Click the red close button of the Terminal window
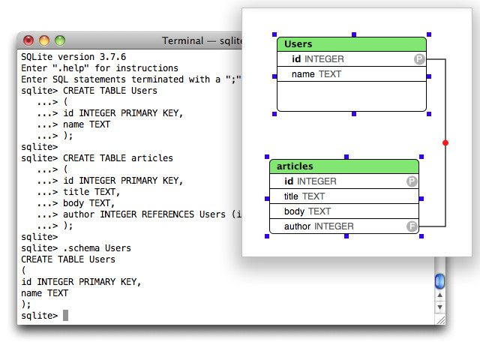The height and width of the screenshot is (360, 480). point(28,40)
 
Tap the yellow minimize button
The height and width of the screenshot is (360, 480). point(44,40)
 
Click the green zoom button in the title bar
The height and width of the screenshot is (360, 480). point(60,40)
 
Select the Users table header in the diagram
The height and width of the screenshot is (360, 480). point(352,44)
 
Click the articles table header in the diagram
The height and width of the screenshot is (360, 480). point(344,166)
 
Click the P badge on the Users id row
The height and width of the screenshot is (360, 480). point(419,59)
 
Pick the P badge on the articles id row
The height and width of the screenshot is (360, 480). point(412,181)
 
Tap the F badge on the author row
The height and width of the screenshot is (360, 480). point(412,226)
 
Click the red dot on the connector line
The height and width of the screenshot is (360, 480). point(445,142)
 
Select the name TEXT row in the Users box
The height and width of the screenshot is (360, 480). point(352,74)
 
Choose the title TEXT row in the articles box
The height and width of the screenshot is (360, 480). point(344,196)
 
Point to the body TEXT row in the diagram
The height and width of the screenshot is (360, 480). point(344,211)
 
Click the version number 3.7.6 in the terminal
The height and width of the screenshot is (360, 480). point(112,57)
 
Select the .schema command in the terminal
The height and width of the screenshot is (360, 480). point(82,248)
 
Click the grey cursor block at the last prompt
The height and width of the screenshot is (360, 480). point(65,315)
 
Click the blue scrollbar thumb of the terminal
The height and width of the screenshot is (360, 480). point(440,281)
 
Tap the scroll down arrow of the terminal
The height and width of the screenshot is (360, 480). point(440,307)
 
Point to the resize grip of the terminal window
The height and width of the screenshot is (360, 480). point(441,320)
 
